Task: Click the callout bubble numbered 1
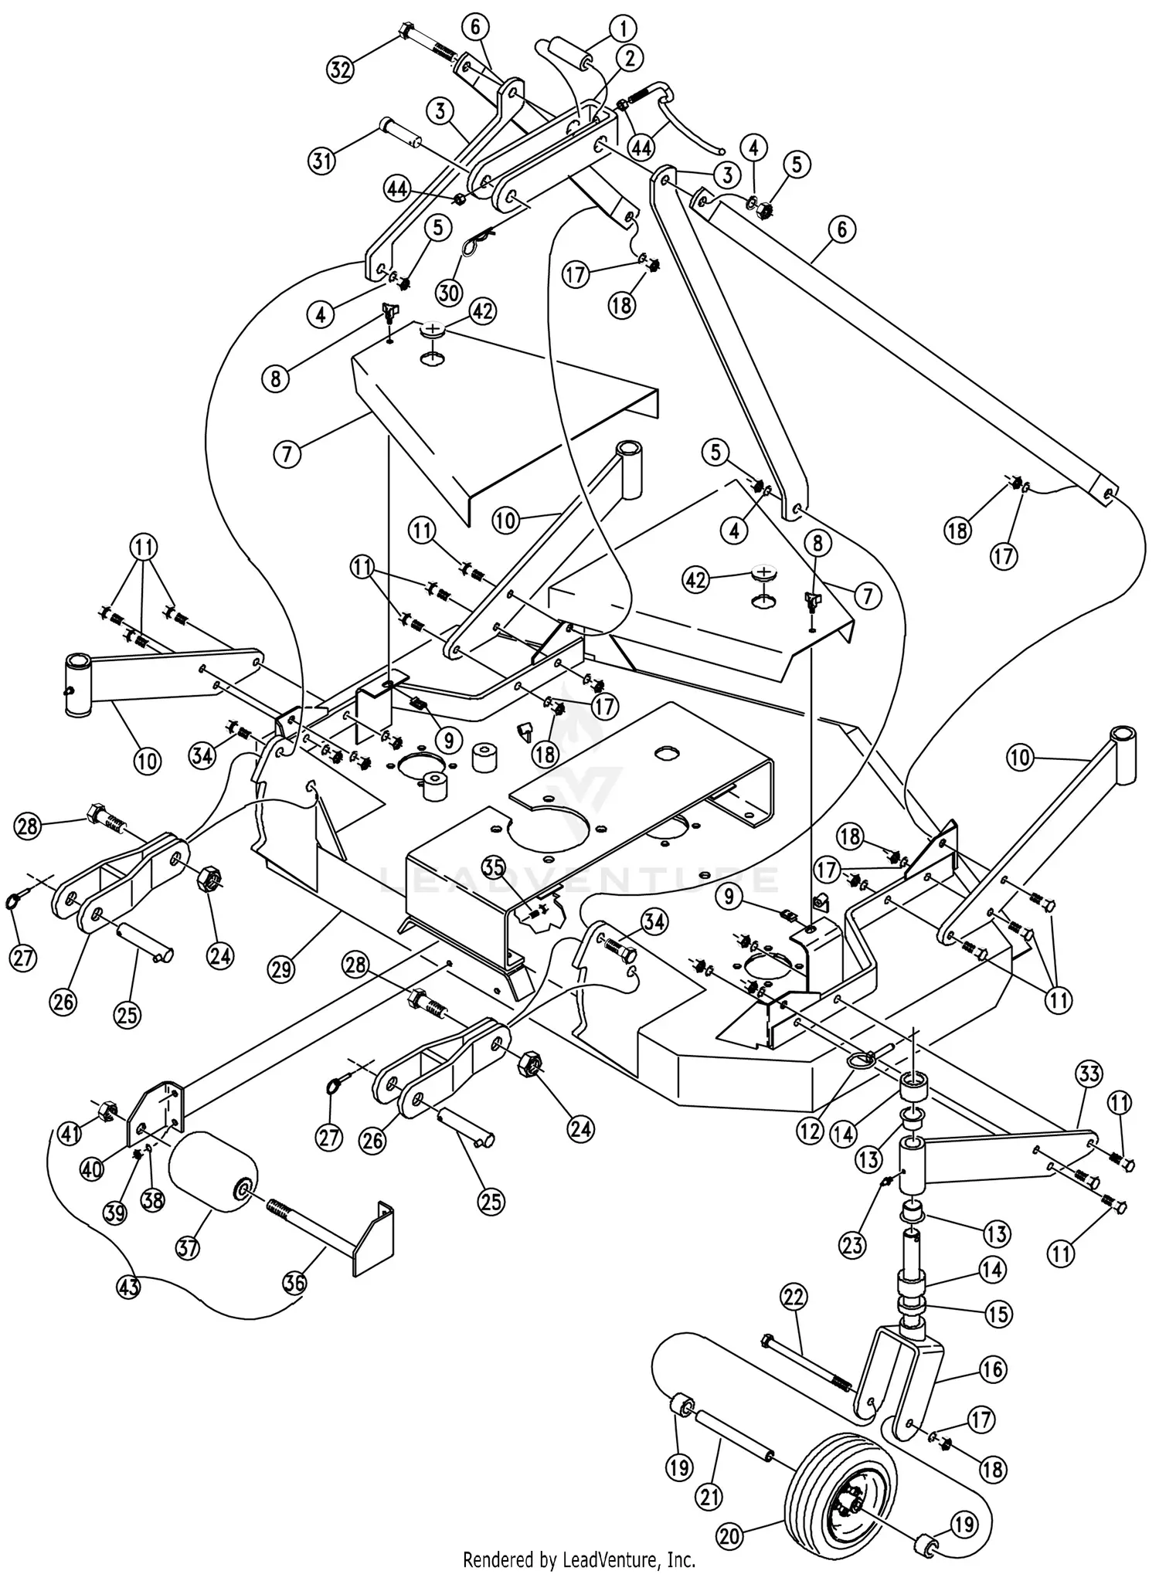coord(622,29)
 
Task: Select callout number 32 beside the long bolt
coord(339,70)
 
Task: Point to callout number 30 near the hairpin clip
coord(448,293)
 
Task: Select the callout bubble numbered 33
coord(1089,1074)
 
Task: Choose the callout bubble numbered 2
coord(630,57)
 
